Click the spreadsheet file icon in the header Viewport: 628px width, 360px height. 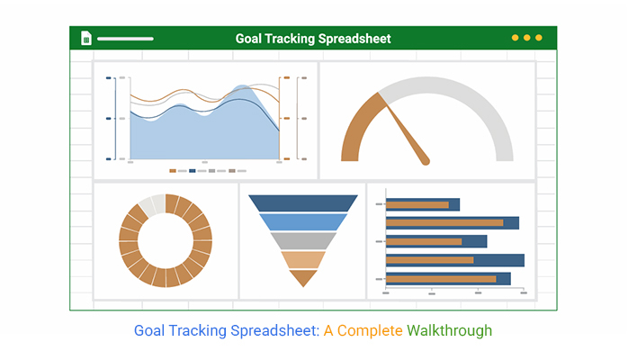(86, 38)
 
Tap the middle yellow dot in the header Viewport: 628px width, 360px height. (527, 38)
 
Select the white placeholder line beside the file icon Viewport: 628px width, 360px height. (125, 39)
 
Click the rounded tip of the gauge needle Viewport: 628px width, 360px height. (426, 161)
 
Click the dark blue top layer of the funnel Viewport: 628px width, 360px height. (303, 203)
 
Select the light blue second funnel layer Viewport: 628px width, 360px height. (303, 221)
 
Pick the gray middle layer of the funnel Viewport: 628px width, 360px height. (303, 241)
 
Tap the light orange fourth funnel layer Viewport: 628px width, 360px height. (303, 260)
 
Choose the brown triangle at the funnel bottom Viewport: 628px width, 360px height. (303, 277)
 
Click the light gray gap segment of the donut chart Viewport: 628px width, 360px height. (152, 204)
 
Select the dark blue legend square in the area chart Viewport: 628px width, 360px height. (193, 171)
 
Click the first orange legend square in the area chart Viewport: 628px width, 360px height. (173, 171)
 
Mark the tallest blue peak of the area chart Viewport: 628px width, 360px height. (242, 86)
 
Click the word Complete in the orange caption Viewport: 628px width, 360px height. (370, 331)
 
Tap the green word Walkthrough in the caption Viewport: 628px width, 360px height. (449, 331)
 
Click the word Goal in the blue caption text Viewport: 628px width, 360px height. (149, 331)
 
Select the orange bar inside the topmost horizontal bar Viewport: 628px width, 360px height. (417, 205)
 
